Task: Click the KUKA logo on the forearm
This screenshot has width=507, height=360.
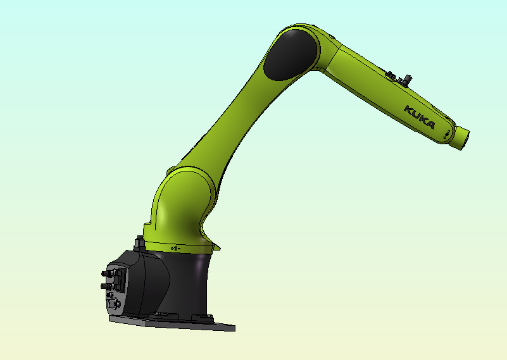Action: (420, 118)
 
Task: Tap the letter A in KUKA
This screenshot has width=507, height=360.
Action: (430, 125)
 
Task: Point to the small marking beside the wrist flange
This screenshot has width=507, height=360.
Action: (447, 133)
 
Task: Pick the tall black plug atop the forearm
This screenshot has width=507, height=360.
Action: (408, 80)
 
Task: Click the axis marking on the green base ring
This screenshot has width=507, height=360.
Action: (175, 248)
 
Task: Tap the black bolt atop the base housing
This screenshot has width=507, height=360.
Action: (139, 242)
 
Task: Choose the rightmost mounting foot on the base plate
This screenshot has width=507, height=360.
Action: (204, 316)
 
